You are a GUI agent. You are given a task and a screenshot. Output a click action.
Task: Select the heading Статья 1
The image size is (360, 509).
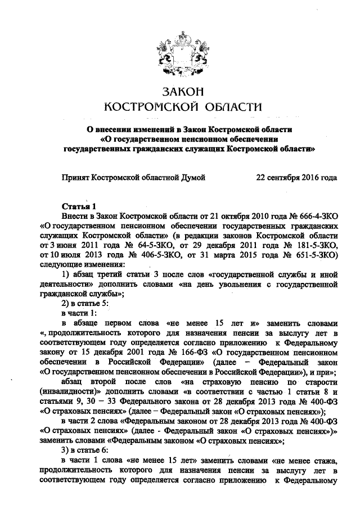(78, 206)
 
